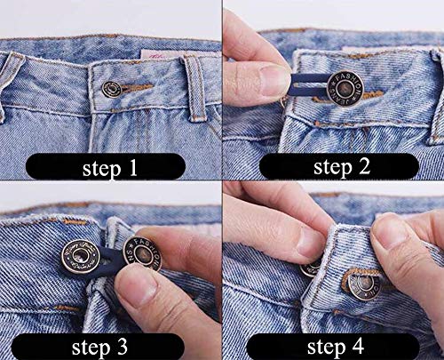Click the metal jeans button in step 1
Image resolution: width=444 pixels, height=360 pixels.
(x=112, y=88)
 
